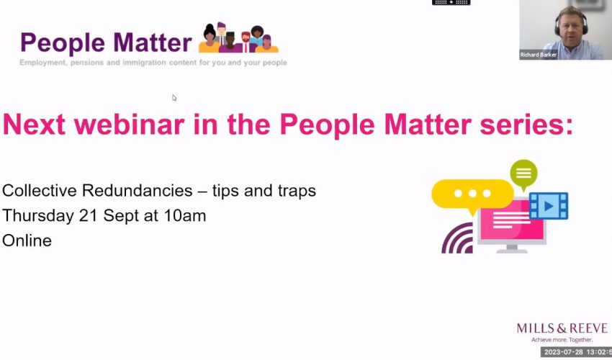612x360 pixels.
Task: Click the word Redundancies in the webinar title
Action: (x=137, y=191)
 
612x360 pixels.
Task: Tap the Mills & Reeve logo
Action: (x=562, y=332)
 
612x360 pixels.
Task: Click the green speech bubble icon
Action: (x=523, y=174)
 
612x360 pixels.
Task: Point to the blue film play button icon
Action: (x=549, y=206)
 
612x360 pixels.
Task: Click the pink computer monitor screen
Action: (x=512, y=223)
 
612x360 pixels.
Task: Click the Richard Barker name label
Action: (x=539, y=55)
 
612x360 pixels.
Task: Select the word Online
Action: (x=27, y=240)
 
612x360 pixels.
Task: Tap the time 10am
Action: (x=185, y=215)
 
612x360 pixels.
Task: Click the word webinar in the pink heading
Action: (x=129, y=125)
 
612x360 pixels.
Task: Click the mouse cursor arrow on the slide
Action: (x=174, y=98)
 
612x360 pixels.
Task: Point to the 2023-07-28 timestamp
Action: (x=577, y=352)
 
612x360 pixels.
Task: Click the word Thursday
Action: (x=39, y=215)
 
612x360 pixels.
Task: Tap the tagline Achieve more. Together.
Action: (x=562, y=340)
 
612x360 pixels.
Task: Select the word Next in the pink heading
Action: (x=34, y=125)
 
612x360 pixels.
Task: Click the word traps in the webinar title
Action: (x=297, y=192)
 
